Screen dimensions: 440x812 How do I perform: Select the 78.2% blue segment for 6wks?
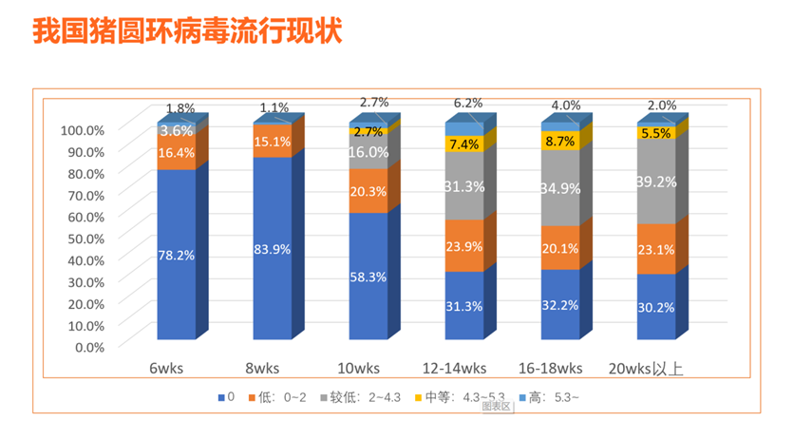click(177, 255)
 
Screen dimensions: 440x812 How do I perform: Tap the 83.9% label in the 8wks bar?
click(273, 249)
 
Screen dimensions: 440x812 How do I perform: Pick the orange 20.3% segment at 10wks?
click(368, 190)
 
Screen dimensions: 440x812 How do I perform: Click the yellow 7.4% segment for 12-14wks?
click(464, 143)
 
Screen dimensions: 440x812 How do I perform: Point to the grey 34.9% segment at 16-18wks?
click(560, 188)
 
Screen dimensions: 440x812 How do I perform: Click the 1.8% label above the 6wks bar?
click(180, 108)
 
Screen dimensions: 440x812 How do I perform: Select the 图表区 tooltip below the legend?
click(497, 407)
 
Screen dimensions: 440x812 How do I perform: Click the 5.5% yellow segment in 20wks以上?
click(656, 134)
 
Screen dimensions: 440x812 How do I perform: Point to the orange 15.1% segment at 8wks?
click(273, 142)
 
